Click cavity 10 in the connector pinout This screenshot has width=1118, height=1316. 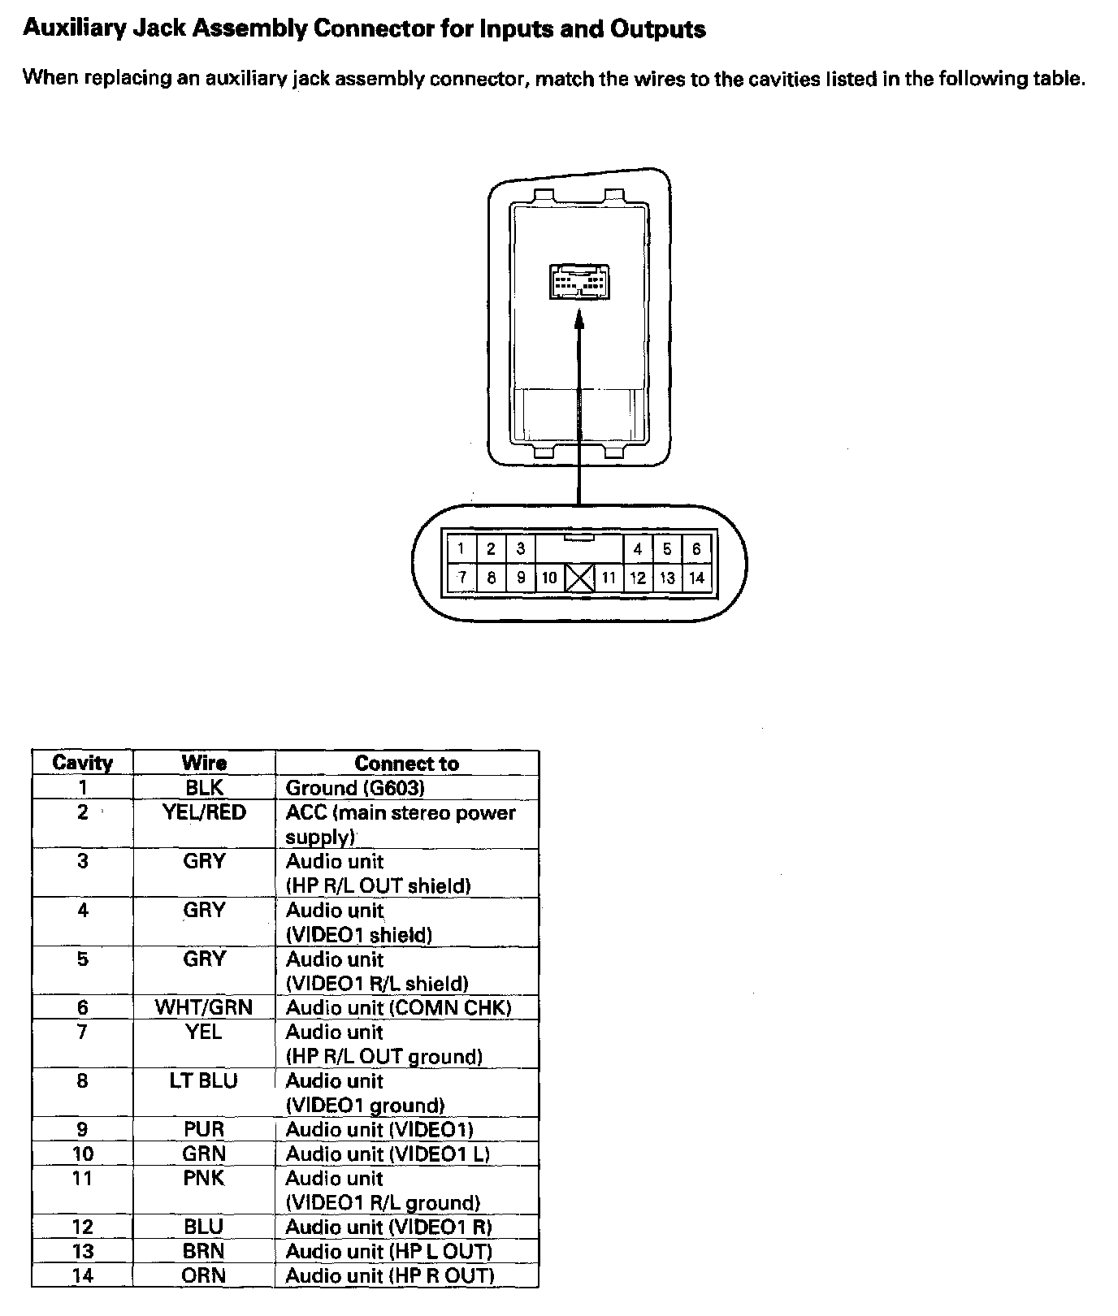pos(549,578)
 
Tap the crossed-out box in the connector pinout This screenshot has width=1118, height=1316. pos(579,578)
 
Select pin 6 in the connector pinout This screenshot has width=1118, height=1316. pos(696,549)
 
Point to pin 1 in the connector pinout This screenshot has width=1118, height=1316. pos(461,549)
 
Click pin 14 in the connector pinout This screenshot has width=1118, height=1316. pos(696,578)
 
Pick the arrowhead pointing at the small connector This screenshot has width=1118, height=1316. pos(579,323)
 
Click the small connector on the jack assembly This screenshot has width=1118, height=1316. pos(579,283)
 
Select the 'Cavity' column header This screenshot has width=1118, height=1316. pos(82,763)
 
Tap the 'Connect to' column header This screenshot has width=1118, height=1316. pos(406,764)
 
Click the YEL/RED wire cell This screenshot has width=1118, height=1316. pos(204,813)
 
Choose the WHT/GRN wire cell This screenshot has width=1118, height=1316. pos(204,1008)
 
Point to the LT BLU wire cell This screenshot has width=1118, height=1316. pos(204,1081)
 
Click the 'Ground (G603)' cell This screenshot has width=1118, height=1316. pos(355,788)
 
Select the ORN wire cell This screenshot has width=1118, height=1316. pos(204,1276)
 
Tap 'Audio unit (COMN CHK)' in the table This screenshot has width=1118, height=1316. pos(398,1008)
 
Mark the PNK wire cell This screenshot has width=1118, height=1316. pos(204,1179)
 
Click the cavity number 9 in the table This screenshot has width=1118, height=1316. pos(82,1130)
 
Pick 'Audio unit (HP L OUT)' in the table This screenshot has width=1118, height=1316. pos(389,1252)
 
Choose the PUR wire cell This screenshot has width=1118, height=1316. pos(204,1130)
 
